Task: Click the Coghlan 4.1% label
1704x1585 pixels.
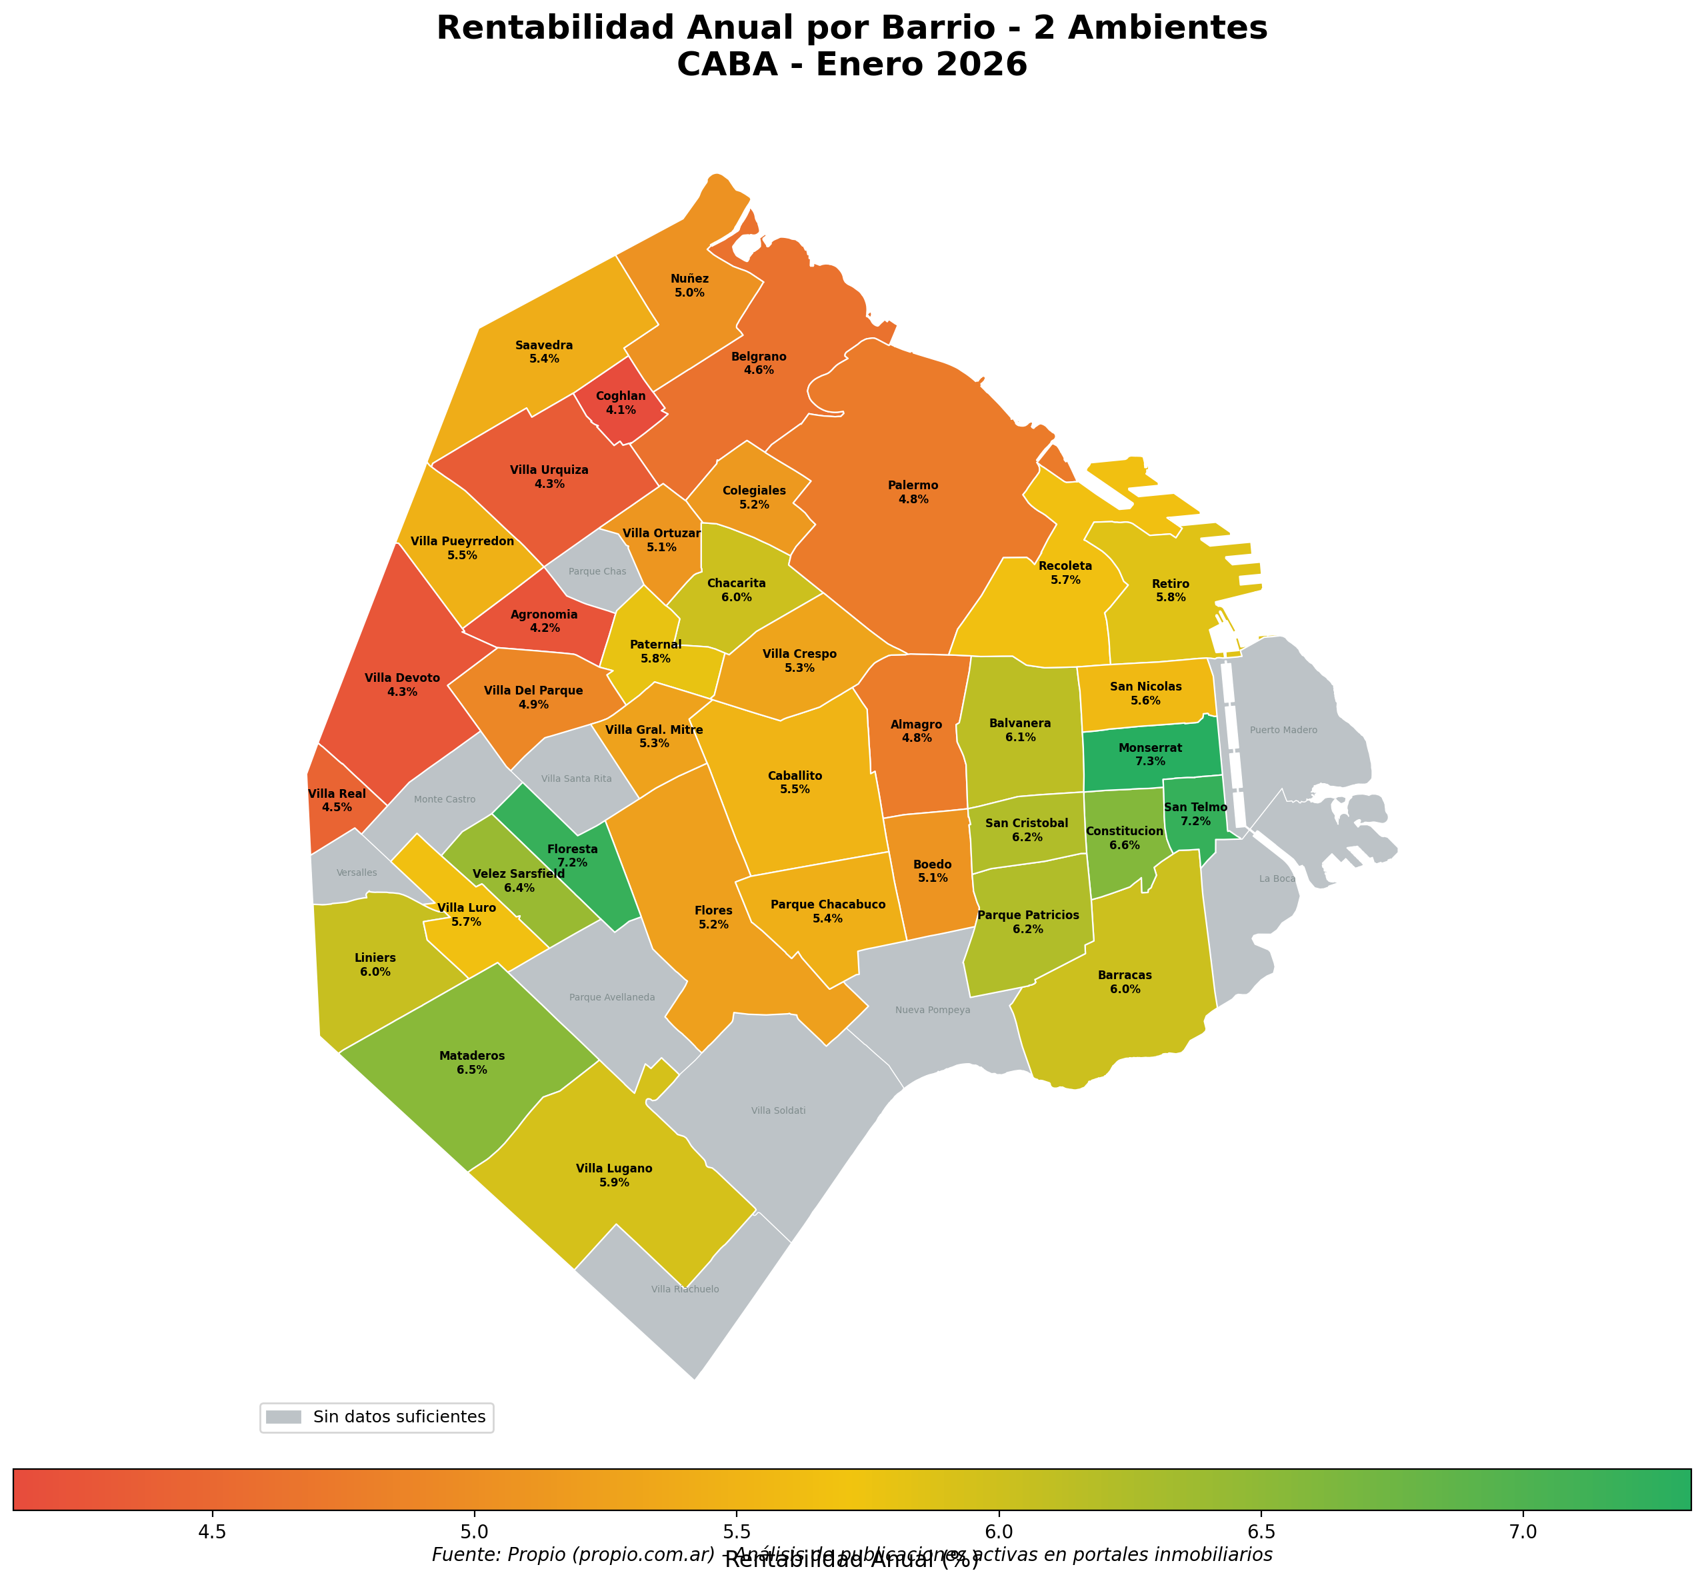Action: [621, 403]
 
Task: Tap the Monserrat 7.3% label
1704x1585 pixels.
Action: [1150, 755]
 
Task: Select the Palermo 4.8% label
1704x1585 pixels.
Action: [913, 493]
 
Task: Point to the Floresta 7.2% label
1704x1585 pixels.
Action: [573, 856]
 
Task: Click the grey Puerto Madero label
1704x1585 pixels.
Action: [1283, 731]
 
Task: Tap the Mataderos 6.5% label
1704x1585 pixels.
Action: [472, 1063]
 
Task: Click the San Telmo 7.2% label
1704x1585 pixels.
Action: [1196, 814]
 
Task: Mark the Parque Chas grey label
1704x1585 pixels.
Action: [597, 571]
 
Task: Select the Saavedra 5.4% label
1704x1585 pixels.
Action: [544, 352]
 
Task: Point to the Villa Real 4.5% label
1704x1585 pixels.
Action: [337, 801]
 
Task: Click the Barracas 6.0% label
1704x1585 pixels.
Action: [1125, 982]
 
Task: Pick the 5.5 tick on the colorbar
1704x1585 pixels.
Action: [736, 1532]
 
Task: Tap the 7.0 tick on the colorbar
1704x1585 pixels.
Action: [1522, 1532]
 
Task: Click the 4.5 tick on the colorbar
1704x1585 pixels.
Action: [212, 1532]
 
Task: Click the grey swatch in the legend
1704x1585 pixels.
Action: [284, 1417]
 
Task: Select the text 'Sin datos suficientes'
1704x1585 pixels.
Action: [399, 1417]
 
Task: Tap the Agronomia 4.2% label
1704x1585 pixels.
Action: [544, 621]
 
